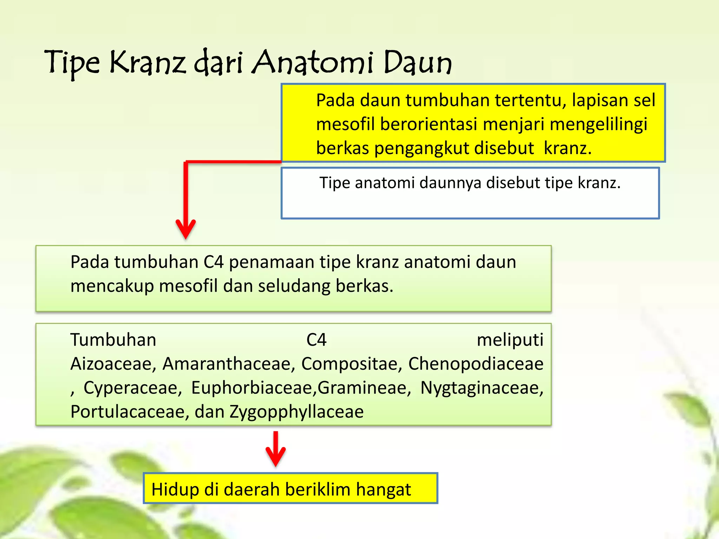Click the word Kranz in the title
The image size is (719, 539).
[x=147, y=62]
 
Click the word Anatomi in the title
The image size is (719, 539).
[x=312, y=62]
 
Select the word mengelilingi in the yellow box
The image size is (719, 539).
[x=598, y=125]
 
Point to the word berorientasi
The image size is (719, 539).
[x=429, y=125]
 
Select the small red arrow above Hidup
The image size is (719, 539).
[x=276, y=449]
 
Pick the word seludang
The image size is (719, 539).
[x=295, y=286]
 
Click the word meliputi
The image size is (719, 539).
[x=510, y=340]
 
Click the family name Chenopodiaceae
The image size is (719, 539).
[x=476, y=364]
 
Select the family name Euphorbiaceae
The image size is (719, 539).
[x=253, y=388]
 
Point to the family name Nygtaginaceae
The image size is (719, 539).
[x=482, y=388]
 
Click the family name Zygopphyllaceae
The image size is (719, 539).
[x=297, y=412]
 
